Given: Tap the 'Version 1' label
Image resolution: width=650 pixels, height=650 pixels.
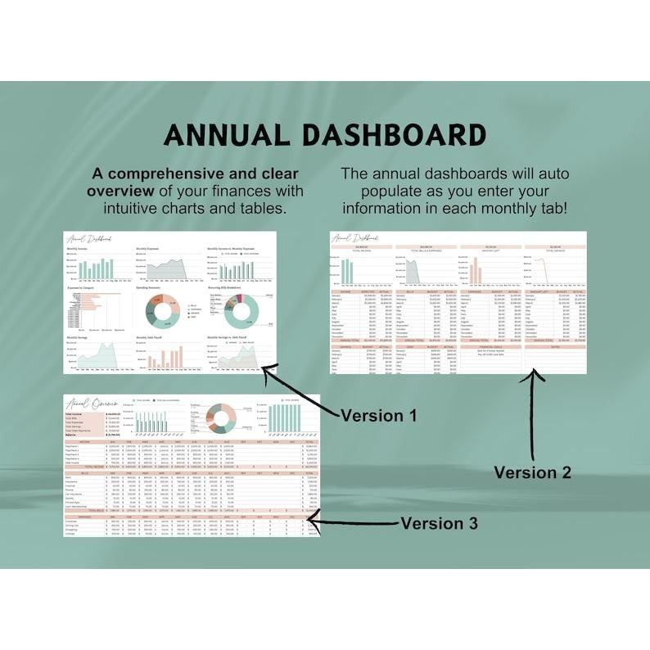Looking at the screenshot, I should pyautogui.click(x=378, y=415).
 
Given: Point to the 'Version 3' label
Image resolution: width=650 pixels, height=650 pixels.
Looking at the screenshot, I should pyautogui.click(x=439, y=523).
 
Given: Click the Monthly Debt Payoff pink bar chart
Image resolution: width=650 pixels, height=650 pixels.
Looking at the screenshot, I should pyautogui.click(x=169, y=357).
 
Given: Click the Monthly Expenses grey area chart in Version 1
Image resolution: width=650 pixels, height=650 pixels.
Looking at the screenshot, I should pyautogui.click(x=167, y=269).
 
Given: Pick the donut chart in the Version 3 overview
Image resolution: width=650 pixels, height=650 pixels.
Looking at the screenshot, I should pyautogui.click(x=220, y=418).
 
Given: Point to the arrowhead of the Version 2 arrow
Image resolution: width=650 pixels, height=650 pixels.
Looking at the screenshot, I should pyautogui.click(x=534, y=376).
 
